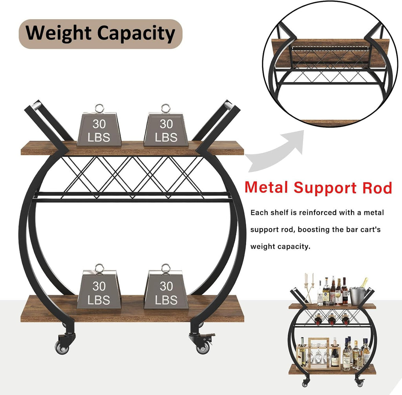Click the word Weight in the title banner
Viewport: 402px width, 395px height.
click(x=58, y=34)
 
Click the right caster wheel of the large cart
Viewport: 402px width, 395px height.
click(x=203, y=348)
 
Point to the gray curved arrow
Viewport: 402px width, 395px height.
click(x=277, y=151)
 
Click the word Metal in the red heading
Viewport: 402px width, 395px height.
click(x=267, y=188)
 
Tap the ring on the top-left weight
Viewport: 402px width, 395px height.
click(x=99, y=109)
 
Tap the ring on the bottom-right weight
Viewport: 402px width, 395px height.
click(x=166, y=268)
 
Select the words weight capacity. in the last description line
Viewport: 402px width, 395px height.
click(x=280, y=246)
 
